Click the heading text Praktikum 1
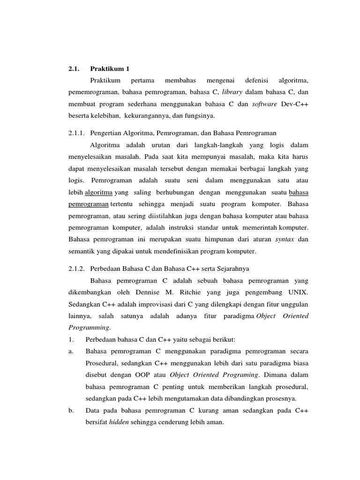pos(110,69)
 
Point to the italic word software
pos(266,104)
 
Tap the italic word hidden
pos(118,422)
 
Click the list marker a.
pos(70,351)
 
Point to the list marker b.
pos(70,410)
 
